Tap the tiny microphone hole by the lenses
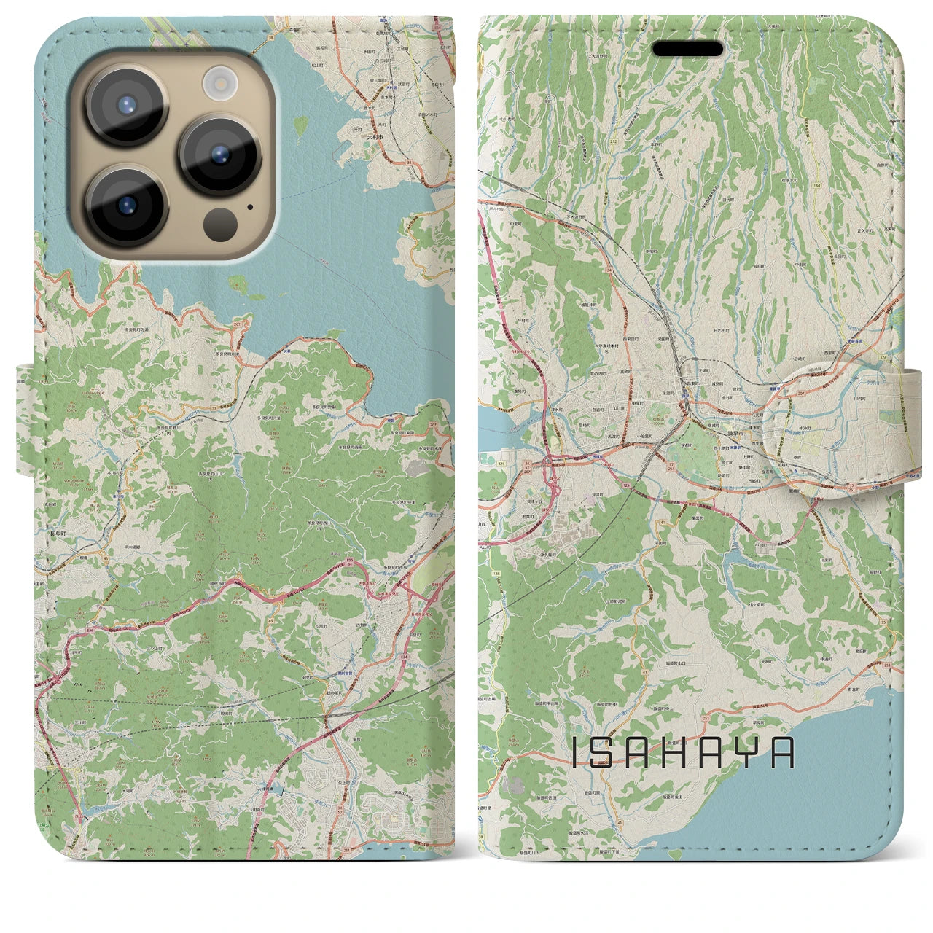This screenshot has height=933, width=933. coord(251,206)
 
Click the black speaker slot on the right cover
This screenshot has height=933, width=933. coord(687,49)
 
